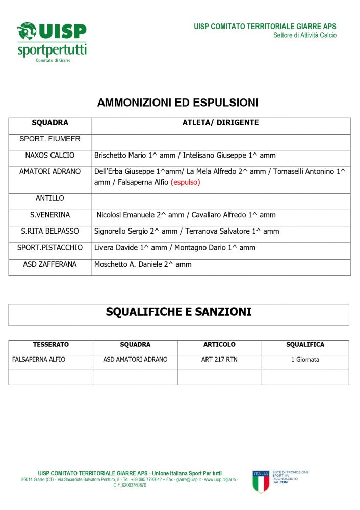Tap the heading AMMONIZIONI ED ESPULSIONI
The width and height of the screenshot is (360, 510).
[x=177, y=103]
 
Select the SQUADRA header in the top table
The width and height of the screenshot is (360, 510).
[x=50, y=123]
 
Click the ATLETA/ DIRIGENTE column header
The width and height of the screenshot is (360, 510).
[x=220, y=123]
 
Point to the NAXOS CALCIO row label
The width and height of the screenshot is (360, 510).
[x=50, y=156]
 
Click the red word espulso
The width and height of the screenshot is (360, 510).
[x=185, y=182]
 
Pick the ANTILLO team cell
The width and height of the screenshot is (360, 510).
[x=50, y=198]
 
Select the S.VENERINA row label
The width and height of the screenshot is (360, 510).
[x=50, y=215]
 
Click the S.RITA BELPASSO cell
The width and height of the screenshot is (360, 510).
[x=50, y=232]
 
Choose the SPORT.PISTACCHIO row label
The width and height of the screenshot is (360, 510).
[x=50, y=248]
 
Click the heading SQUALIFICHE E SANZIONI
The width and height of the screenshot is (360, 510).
[x=178, y=312]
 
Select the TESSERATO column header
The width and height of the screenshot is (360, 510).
[x=51, y=345]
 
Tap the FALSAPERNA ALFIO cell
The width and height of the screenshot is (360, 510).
[x=39, y=360]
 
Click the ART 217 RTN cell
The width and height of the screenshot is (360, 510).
[x=219, y=360]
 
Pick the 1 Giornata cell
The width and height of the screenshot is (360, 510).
[x=305, y=360]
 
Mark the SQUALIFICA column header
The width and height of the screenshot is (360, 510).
[x=305, y=345]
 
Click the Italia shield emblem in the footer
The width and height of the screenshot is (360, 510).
[x=261, y=481]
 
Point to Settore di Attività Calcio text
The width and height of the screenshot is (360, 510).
[x=304, y=35]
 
